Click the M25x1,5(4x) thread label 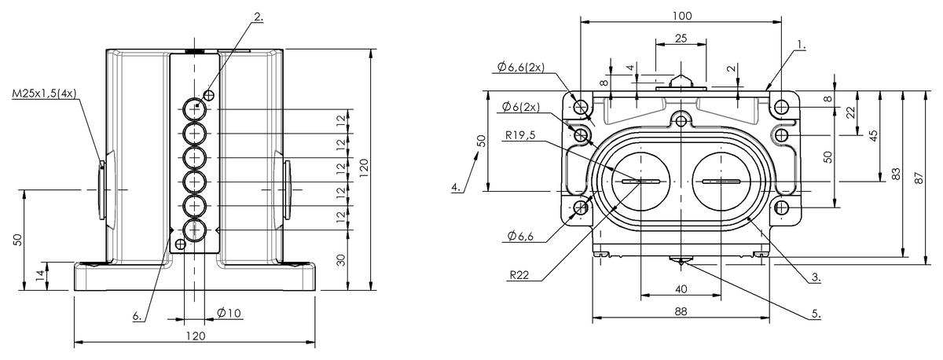point(44,93)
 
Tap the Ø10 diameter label point(229,313)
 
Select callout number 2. point(259,17)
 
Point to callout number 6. point(138,316)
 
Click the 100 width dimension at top point(681,16)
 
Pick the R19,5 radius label point(520,135)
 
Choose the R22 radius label point(519,275)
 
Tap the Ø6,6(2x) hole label point(521,67)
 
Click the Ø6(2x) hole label point(521,107)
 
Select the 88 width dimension point(681,311)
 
